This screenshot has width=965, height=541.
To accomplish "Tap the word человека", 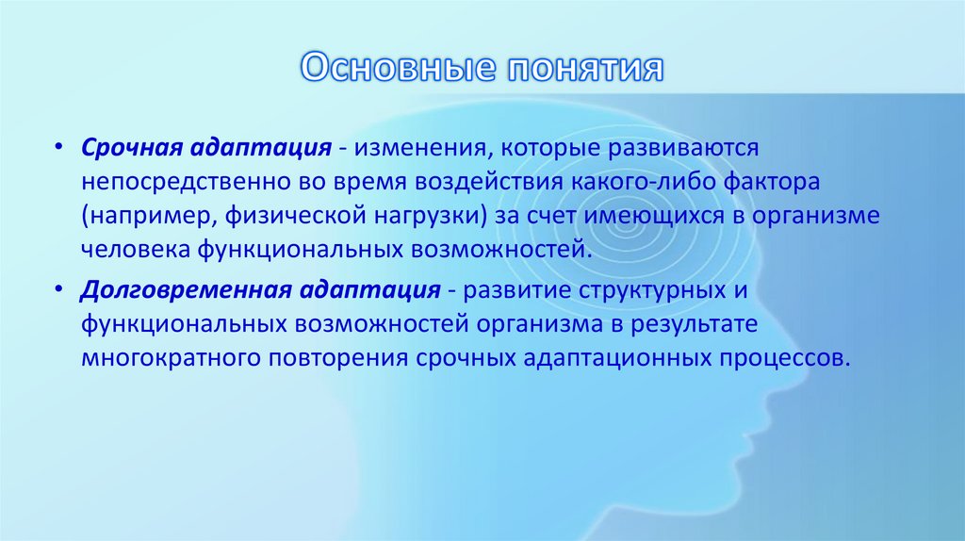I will [135, 251].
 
